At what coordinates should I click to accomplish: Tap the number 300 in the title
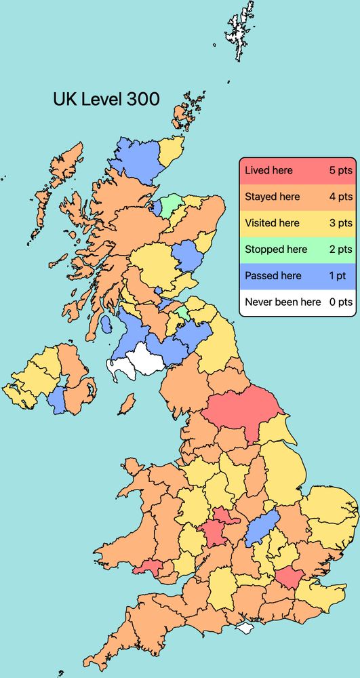(x=143, y=99)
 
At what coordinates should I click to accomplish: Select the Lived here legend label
(x=268, y=170)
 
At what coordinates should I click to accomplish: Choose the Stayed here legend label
(x=272, y=197)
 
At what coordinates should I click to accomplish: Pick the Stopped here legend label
(x=276, y=250)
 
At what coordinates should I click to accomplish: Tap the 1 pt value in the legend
(x=342, y=276)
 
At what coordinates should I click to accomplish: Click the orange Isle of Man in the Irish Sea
(x=125, y=405)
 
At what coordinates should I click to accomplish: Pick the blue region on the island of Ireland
(x=56, y=400)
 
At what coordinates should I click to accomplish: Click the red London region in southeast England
(x=289, y=578)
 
